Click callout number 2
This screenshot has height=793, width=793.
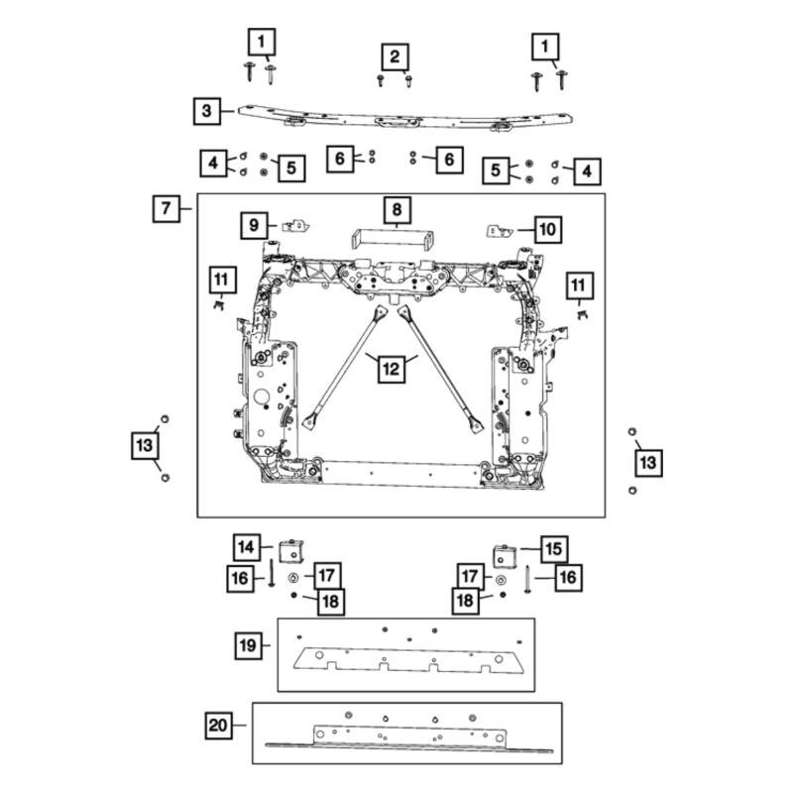coord(395,56)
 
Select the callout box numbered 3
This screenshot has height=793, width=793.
coord(206,111)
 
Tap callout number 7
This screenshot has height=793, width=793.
coord(166,208)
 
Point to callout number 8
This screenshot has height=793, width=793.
coord(395,210)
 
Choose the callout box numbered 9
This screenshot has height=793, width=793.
coord(254,226)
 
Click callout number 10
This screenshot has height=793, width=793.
coord(547,230)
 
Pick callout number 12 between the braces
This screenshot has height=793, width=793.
coord(392,370)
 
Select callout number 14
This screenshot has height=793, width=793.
coord(247,546)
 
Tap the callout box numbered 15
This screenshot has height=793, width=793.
coord(552,548)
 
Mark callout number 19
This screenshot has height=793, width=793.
coord(249,646)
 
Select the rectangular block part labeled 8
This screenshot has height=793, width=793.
coord(394,239)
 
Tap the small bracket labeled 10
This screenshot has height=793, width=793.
coord(501,230)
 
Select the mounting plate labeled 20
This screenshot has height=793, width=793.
coord(406,735)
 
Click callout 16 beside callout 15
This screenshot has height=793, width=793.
coord(568,576)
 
